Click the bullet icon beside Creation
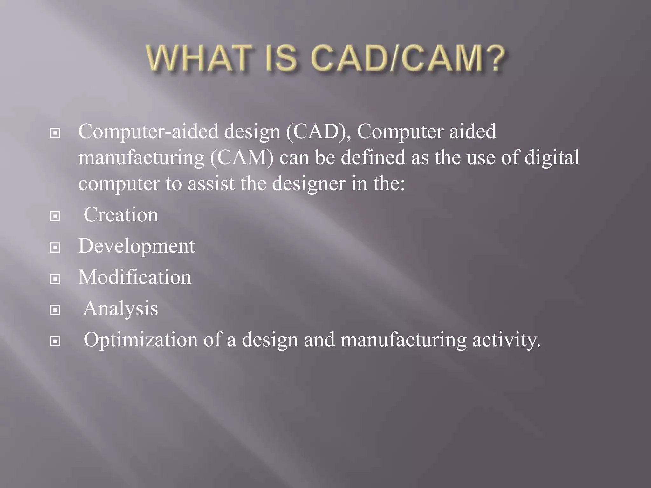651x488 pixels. click(55, 216)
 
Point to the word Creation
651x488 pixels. click(120, 215)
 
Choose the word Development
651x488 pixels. click(136, 246)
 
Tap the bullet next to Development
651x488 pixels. click(55, 247)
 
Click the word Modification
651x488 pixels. click(135, 277)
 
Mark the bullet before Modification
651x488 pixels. click(55, 279)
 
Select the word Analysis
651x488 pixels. click(120, 308)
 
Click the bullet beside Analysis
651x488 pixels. click(55, 310)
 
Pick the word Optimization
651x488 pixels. click(140, 340)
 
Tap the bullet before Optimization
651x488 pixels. click(55, 341)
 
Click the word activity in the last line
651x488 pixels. click(506, 340)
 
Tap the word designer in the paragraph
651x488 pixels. click(308, 184)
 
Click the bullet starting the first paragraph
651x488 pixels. click(55, 133)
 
